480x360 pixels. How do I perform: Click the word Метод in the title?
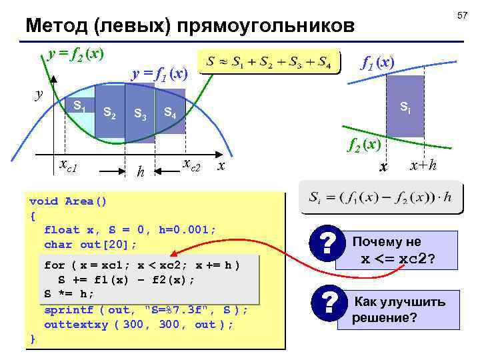point(55,26)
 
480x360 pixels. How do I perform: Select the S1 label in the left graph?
point(79,106)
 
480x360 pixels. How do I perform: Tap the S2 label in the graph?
point(110,113)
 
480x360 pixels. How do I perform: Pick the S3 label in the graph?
point(140,114)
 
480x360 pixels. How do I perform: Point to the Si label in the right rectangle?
point(405,106)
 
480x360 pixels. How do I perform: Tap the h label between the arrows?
point(139,171)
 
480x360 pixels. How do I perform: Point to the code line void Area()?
point(68,201)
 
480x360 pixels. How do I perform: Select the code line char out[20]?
point(90,244)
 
